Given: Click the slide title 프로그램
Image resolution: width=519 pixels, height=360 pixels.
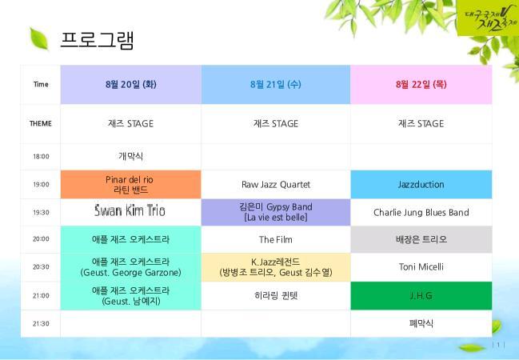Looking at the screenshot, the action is pyautogui.click(x=97, y=41).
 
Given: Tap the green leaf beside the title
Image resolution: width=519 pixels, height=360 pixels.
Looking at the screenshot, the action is pyautogui.click(x=39, y=38).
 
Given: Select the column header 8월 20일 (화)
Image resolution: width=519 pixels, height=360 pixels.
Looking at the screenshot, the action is pyautogui.click(x=130, y=85).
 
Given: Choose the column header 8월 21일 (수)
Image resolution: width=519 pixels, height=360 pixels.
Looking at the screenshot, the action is pyautogui.click(x=276, y=85).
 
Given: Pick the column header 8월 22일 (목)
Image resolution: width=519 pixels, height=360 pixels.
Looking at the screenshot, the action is pyautogui.click(x=421, y=85).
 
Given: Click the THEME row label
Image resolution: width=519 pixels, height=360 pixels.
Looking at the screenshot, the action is pyautogui.click(x=41, y=123).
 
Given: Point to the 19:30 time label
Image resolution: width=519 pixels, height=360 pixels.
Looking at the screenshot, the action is pyautogui.click(x=41, y=212).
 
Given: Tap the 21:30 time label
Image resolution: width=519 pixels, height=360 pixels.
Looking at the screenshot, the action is pyautogui.click(x=41, y=323).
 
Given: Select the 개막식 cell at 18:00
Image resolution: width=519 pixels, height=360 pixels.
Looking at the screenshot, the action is pyautogui.click(x=130, y=156).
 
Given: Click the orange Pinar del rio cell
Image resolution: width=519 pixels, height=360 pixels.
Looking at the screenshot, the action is pyautogui.click(x=130, y=185).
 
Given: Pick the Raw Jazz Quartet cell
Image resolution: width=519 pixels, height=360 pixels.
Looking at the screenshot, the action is pyautogui.click(x=276, y=185).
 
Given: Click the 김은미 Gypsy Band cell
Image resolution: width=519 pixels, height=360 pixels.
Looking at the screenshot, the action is pyautogui.click(x=276, y=212).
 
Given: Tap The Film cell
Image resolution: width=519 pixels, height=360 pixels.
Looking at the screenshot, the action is pyautogui.click(x=276, y=239).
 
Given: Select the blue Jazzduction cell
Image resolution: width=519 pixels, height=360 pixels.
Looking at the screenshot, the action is pyautogui.click(x=421, y=185).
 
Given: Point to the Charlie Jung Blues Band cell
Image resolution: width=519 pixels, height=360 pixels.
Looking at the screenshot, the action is pyautogui.click(x=421, y=212).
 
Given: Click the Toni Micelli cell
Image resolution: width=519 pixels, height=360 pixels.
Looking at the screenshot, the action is pyautogui.click(x=421, y=266).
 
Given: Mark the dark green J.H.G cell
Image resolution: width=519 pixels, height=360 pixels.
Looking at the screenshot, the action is pyautogui.click(x=421, y=296).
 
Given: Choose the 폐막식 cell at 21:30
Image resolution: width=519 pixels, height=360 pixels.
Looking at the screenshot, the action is pyautogui.click(x=421, y=323).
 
